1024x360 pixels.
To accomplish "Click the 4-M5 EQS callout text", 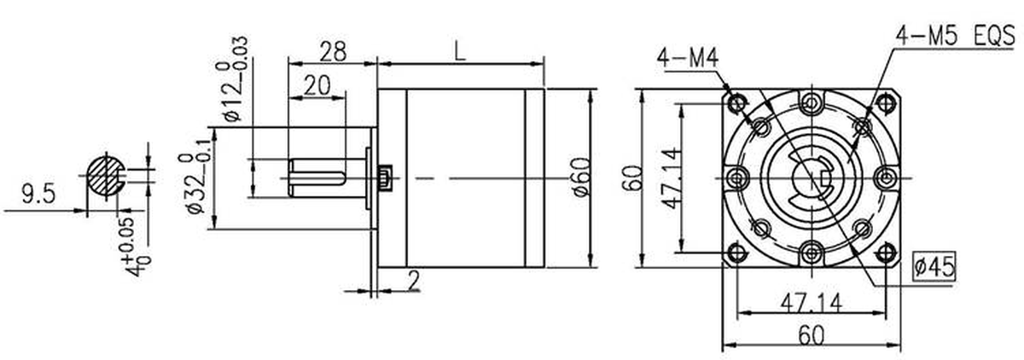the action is pyautogui.click(x=955, y=37).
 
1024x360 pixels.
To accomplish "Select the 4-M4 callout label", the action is pyautogui.click(x=688, y=59).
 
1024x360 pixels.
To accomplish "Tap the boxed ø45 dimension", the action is pyautogui.click(x=934, y=266).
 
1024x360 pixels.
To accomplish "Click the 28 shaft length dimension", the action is pyautogui.click(x=333, y=51).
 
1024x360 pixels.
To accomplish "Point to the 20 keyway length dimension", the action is pyautogui.click(x=317, y=85).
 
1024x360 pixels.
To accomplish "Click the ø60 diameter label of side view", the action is pyautogui.click(x=581, y=177).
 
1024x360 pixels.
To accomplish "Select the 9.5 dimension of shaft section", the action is pyautogui.click(x=38, y=194).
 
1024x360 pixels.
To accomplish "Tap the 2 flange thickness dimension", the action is pyautogui.click(x=413, y=281).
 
